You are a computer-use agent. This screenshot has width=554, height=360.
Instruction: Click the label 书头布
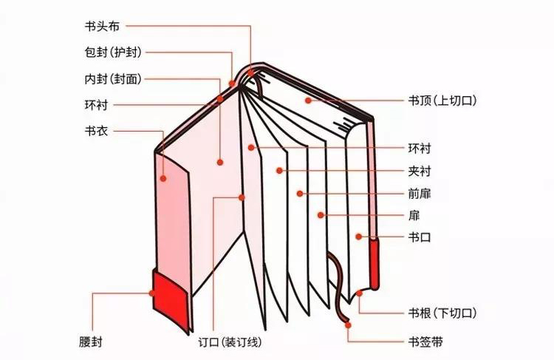pyautogui.click(x=101, y=25)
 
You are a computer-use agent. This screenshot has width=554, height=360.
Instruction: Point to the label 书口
pyautogui.click(x=419, y=237)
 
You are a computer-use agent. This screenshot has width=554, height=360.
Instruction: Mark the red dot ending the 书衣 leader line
pyautogui.click(x=165, y=177)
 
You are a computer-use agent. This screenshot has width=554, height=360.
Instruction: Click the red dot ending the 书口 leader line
pyautogui.click(x=358, y=237)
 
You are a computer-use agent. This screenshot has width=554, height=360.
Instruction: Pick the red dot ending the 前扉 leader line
pyautogui.click(x=300, y=194)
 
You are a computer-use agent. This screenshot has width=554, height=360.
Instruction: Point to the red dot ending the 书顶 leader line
pyautogui.click(x=305, y=100)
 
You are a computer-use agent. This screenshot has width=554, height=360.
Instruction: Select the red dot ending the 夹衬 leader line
pyautogui.click(x=278, y=171)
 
